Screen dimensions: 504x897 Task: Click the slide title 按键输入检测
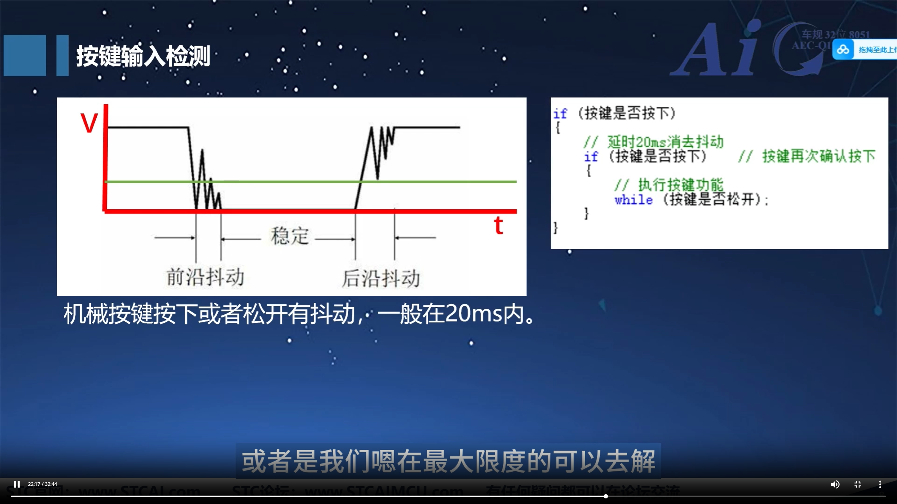pos(143,56)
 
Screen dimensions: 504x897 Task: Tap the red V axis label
pos(89,123)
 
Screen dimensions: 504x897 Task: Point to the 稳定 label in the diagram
pos(289,235)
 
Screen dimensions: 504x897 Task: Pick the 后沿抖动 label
pos(381,279)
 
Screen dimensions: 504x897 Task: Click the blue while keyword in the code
pos(634,200)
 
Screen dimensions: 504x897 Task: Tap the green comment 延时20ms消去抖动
pos(665,142)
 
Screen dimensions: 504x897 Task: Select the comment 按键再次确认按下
pos(819,156)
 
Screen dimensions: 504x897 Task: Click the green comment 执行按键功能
pos(680,184)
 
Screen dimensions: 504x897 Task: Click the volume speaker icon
pos(835,484)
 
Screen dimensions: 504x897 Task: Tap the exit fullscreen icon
pos(858,484)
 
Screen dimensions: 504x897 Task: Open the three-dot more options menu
pos(880,484)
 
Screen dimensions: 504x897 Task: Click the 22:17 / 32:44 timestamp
pos(42,484)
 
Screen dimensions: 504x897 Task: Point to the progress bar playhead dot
pos(605,496)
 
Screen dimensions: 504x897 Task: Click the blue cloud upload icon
pos(843,50)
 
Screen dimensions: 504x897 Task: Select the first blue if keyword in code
pos(560,114)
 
